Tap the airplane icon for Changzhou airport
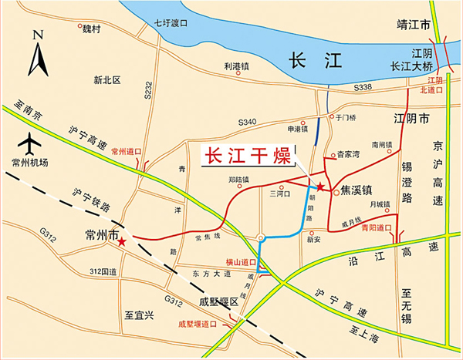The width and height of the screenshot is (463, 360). [x=31, y=143]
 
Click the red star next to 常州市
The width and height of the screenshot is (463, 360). [x=123, y=241]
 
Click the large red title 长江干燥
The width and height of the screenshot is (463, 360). [x=246, y=154]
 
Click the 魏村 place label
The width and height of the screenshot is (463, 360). [x=92, y=29]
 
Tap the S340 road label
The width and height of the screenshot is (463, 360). [x=247, y=122]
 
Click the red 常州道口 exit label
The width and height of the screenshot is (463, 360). [x=127, y=152]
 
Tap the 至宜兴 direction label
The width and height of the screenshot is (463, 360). [x=140, y=316]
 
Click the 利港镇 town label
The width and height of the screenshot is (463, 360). [x=237, y=68]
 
